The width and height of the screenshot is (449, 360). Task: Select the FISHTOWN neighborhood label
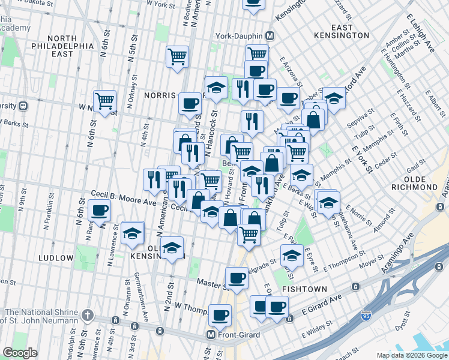click(304, 289)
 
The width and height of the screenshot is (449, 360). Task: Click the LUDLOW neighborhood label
click(55, 257)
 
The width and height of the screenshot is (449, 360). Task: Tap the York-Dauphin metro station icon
click(270, 35)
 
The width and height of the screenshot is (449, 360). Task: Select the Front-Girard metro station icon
click(211, 335)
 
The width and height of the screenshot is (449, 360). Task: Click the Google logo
click(20, 352)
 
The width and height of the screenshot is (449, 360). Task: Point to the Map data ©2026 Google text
click(411, 355)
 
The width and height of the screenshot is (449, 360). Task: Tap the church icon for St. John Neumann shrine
click(88, 314)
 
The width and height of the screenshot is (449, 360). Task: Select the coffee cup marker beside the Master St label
click(237, 278)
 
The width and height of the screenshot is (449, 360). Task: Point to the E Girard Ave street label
click(321, 307)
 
